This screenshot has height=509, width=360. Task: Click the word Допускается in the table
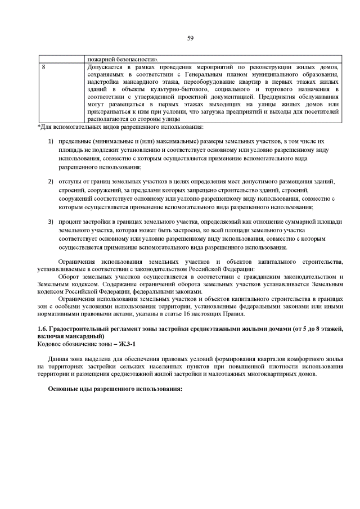[x=105, y=67]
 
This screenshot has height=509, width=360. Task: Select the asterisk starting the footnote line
[x=39, y=127]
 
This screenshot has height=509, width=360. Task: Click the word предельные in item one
[x=76, y=141]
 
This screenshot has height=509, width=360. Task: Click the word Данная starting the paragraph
[x=61, y=359]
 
